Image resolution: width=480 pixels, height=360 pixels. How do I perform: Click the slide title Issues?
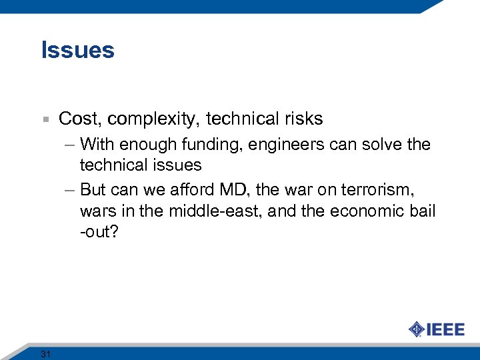tap(77, 51)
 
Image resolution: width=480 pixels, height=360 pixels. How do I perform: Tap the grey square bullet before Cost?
tap(44, 120)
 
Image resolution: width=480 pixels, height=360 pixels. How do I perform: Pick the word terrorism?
tap(377, 191)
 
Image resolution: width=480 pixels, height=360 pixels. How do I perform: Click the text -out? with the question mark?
tap(100, 231)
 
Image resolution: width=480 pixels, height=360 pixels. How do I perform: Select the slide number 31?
tap(45, 353)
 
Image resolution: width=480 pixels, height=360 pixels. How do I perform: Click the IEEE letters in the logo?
tap(445, 329)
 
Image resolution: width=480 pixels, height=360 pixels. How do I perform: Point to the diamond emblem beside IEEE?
tap(417, 329)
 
